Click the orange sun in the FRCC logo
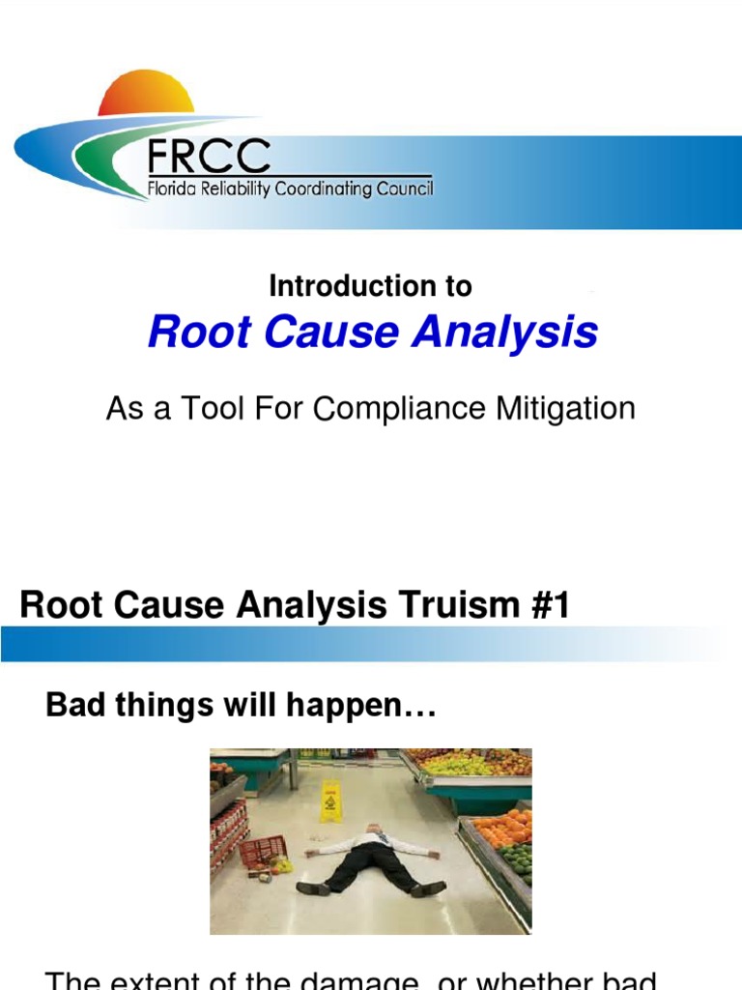click(146, 94)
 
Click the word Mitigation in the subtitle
click(564, 409)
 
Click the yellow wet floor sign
click(330, 801)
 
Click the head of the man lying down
click(373, 829)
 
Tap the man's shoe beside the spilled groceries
click(313, 888)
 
